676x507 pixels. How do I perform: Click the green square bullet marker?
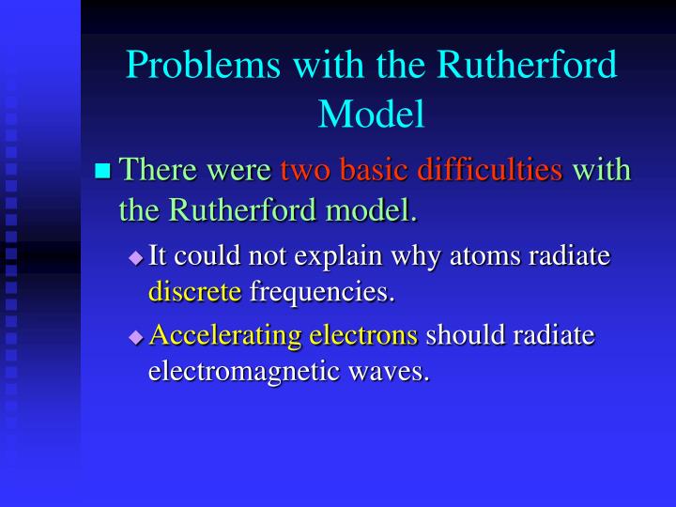click(103, 171)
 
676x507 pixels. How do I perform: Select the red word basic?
click(376, 170)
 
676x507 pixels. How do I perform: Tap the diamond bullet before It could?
click(136, 256)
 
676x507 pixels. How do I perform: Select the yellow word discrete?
click(194, 292)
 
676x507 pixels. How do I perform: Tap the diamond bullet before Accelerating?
click(136, 336)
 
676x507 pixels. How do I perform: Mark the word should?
click(464, 335)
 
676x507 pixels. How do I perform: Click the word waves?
click(386, 371)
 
